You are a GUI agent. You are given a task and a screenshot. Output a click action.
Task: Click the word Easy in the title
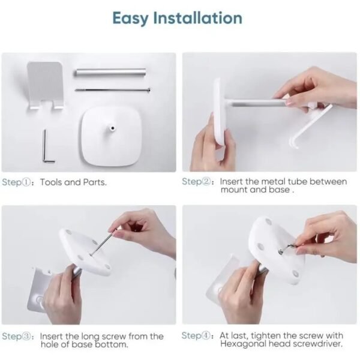130,19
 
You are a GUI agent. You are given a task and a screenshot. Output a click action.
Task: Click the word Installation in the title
197,18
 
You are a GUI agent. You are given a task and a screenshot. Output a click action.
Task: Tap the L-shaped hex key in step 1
47,147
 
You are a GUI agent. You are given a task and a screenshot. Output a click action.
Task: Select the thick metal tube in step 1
110,72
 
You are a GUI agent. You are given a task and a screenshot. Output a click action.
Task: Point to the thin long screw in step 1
113,90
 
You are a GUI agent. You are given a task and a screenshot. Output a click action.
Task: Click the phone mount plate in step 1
46,85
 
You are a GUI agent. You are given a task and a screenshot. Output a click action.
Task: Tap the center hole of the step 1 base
113,128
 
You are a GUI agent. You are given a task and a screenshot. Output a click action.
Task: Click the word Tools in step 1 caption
51,182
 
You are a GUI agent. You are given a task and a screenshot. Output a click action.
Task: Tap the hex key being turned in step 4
287,248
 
